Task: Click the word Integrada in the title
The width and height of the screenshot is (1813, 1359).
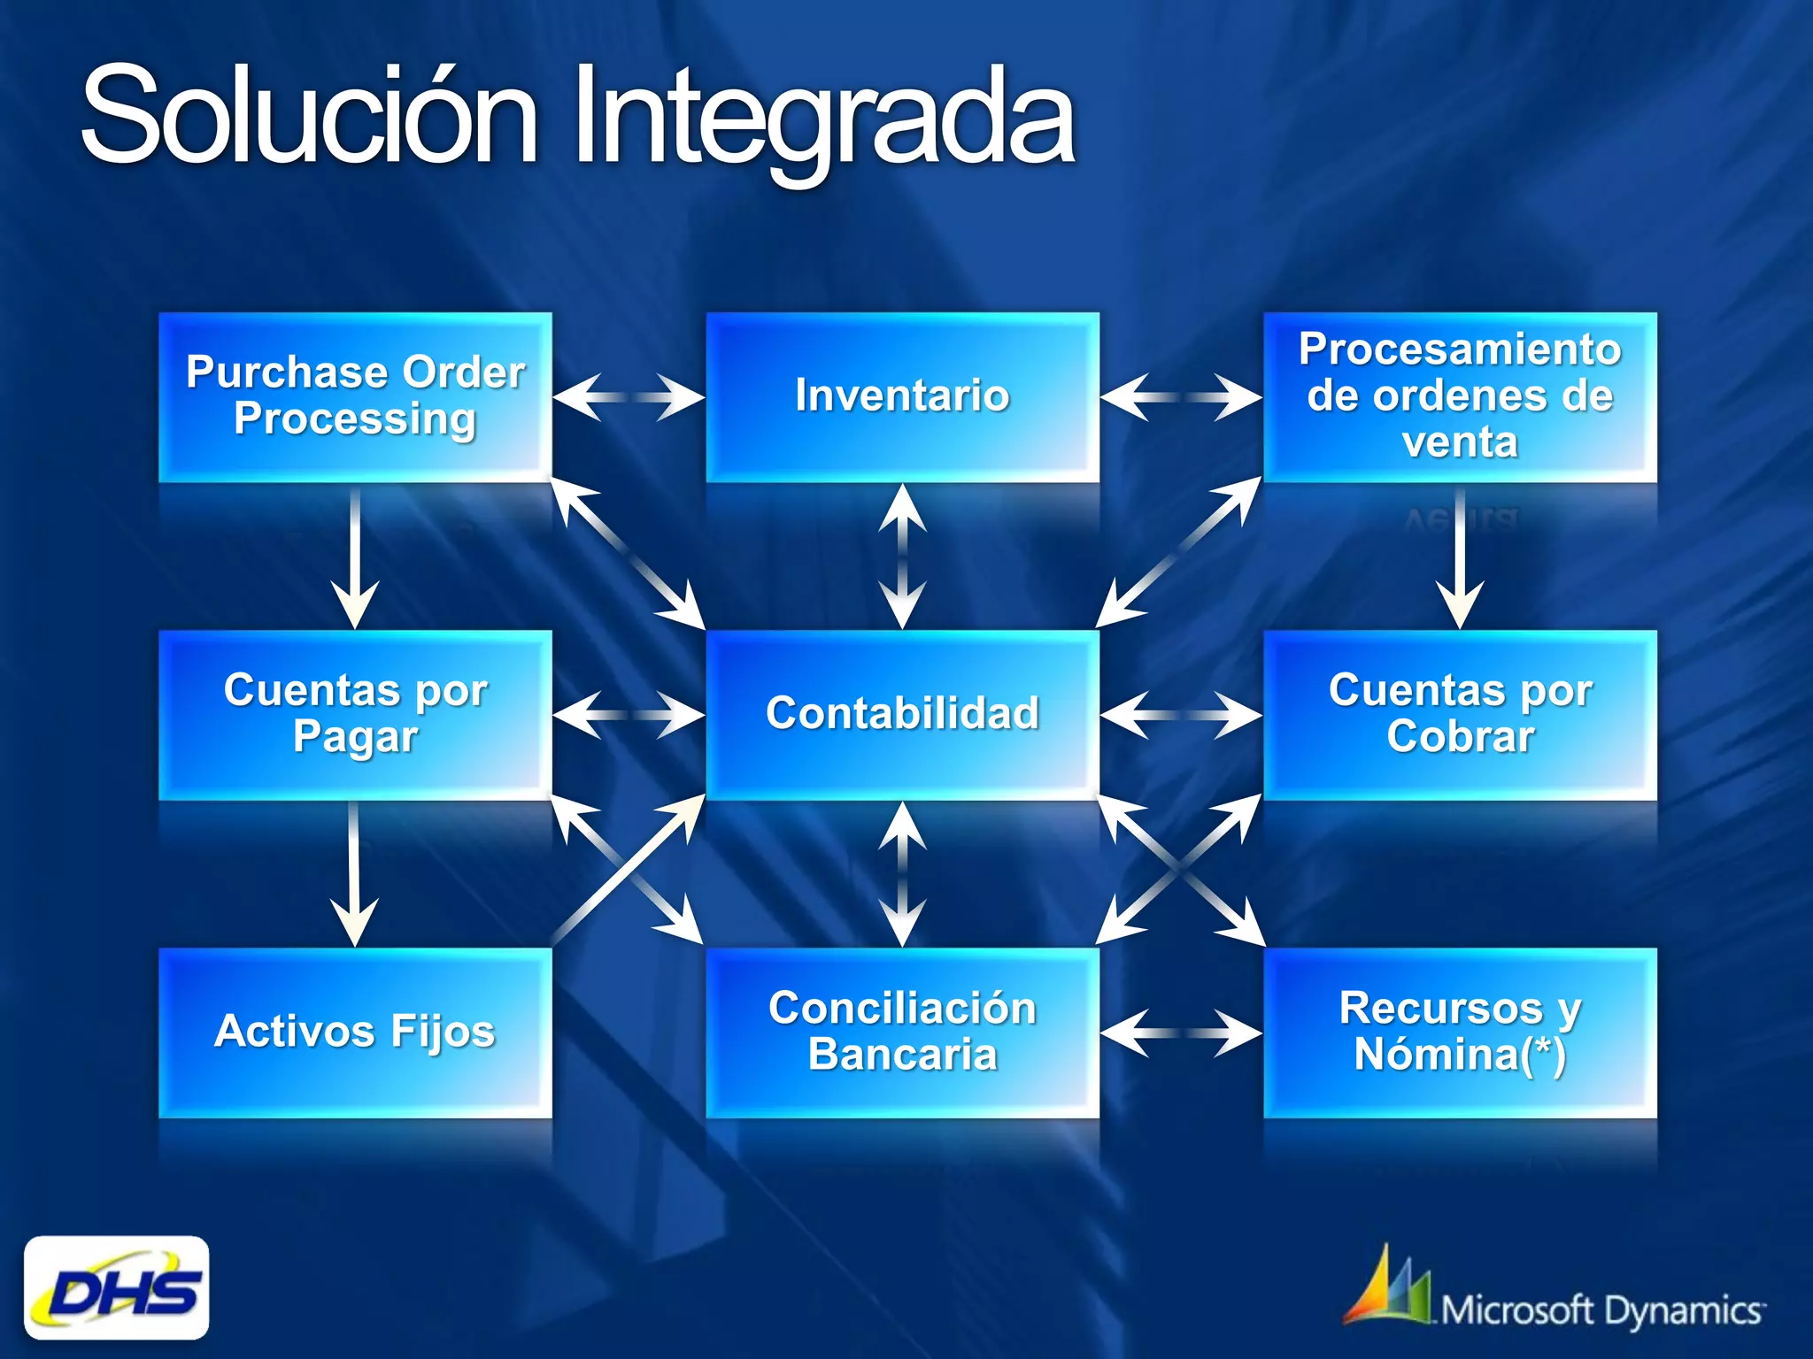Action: coord(823,119)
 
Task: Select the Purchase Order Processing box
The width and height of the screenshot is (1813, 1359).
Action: coord(355,396)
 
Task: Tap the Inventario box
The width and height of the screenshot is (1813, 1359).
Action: coord(902,396)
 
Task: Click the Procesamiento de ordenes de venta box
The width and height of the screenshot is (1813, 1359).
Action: coord(1460,396)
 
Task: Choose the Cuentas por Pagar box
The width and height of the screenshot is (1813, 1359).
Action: coord(355,714)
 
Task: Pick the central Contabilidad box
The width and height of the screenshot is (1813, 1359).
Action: coord(902,714)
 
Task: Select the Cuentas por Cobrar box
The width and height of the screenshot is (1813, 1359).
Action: coord(1460,714)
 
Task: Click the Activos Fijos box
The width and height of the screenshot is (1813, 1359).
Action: coord(355,1032)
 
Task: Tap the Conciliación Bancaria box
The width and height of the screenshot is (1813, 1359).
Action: coord(902,1032)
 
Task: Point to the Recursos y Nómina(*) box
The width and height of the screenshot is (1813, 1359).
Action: coord(1460,1032)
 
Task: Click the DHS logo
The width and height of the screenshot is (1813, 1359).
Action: coord(117,1288)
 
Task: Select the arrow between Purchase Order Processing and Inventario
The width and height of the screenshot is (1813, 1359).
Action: coord(629,397)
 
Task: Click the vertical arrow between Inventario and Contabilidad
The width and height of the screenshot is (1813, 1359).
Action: coord(902,557)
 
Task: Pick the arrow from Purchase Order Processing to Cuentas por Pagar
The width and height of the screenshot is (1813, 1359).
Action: coord(355,557)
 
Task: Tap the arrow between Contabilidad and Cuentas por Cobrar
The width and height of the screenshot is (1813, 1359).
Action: coord(1181,714)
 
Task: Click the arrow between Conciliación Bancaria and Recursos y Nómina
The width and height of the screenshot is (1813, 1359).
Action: coord(1181,1033)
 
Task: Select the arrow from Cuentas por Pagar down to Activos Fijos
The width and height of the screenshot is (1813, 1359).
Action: coord(354,874)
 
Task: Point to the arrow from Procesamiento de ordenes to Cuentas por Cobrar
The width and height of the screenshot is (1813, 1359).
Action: coord(1460,557)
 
